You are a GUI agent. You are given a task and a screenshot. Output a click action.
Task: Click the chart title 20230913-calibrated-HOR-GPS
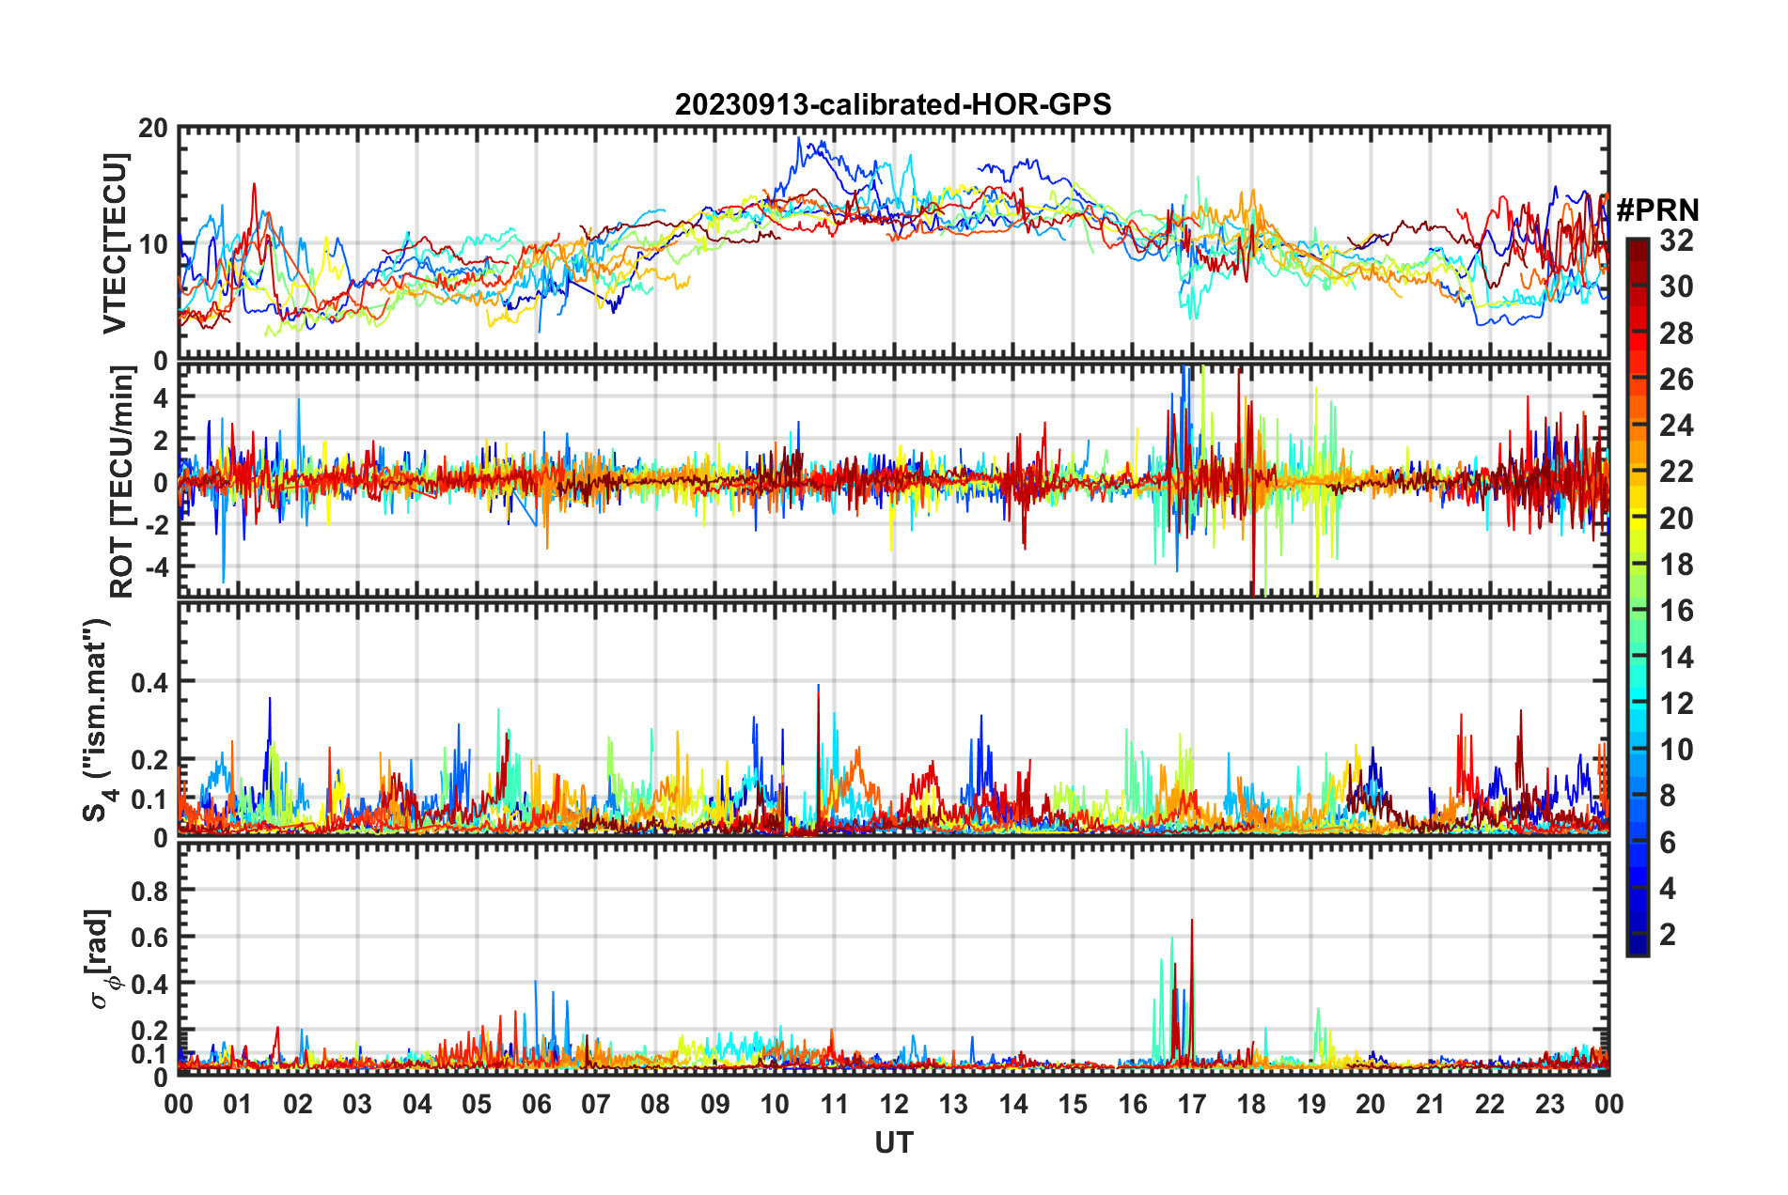click(x=893, y=104)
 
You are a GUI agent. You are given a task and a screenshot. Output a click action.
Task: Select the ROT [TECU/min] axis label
click(x=122, y=482)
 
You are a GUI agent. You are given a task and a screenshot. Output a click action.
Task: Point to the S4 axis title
click(x=97, y=720)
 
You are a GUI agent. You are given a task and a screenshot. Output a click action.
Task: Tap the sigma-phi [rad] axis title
click(x=102, y=959)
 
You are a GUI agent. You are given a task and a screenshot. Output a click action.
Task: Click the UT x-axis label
click(x=893, y=1142)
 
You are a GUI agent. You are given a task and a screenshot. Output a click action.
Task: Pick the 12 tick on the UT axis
click(x=893, y=1104)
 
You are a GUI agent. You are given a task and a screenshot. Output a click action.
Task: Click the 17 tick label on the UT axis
click(x=1191, y=1104)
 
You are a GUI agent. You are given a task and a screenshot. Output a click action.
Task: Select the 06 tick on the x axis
click(x=536, y=1104)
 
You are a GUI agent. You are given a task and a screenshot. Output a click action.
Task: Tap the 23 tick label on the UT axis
click(x=1549, y=1104)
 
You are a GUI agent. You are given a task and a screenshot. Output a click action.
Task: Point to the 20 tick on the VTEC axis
click(x=152, y=129)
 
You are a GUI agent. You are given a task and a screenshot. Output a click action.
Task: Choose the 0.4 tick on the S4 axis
click(x=149, y=682)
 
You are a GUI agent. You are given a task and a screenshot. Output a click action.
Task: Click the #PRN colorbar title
click(x=1657, y=210)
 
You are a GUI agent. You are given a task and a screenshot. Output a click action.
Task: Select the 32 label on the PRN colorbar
click(x=1675, y=241)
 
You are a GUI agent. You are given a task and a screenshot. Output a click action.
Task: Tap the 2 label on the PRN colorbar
click(x=1668, y=935)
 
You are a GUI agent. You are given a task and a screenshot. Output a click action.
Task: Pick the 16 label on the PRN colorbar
click(x=1675, y=612)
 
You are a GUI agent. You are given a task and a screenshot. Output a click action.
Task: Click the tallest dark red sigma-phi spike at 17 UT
click(x=1192, y=921)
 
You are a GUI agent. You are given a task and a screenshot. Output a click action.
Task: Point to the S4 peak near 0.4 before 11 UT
click(x=818, y=687)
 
